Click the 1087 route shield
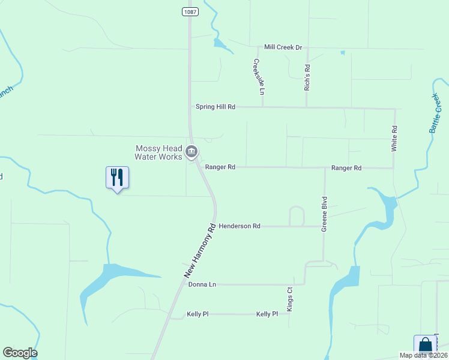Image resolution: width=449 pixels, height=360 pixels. pos(190,11)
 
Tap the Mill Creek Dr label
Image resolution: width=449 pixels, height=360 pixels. pos(283,47)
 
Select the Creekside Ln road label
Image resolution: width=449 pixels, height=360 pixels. pos(258,77)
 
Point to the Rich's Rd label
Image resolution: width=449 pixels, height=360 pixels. pos(307,77)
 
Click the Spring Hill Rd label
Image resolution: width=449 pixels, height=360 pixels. pos(215,107)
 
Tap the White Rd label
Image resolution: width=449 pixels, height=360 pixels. pos(395,138)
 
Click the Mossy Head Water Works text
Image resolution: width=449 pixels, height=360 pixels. pos(158,153)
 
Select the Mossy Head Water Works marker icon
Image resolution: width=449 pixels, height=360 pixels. pos(192,152)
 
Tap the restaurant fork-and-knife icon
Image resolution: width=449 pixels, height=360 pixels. pos(117,177)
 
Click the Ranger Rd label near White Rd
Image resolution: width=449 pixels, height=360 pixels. pos(346,169)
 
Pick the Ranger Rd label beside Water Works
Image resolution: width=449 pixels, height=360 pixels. pos(220,167)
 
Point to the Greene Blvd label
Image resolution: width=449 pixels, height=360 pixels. pos(324,214)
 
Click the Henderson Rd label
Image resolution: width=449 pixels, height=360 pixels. pos(240,226)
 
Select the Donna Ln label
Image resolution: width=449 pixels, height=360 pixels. pos(202,284)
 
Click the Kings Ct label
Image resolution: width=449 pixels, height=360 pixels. pos(289,298)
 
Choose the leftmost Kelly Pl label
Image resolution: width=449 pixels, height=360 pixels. pos(197,314)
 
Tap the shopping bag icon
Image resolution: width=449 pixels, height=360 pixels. pos(425,345)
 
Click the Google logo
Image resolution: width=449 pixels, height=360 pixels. pos(20,353)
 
